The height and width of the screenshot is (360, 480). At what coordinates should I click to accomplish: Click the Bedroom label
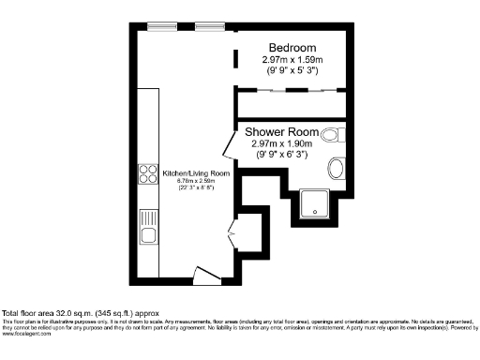coord(292,48)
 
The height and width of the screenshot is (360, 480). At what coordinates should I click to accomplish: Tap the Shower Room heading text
coord(289,132)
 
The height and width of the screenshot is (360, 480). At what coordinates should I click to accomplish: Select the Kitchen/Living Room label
coord(196,173)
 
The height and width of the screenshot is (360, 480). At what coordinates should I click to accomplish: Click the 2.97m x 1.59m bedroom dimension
coord(292,59)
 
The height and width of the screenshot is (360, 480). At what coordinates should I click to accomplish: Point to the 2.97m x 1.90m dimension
coord(289,144)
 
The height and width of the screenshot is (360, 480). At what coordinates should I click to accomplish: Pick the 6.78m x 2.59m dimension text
coord(197,181)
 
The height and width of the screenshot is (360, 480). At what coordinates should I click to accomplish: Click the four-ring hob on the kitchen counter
coord(148,173)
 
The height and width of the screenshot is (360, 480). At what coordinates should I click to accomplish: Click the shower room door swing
coord(228,145)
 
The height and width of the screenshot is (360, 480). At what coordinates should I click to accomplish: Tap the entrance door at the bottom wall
coord(203,274)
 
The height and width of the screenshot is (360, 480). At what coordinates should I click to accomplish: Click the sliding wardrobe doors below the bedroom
coord(292,91)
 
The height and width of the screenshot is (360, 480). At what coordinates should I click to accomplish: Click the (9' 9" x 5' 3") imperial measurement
coord(292,69)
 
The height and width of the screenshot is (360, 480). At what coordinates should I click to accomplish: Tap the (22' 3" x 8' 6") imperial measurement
coord(197,188)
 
